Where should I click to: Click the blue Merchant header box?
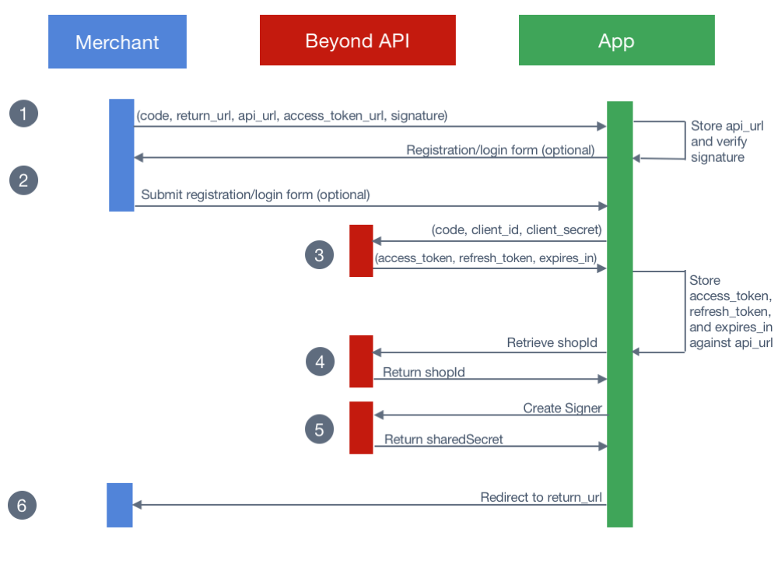click(x=117, y=42)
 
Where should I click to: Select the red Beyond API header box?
click(x=357, y=40)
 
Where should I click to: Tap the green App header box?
click(x=616, y=40)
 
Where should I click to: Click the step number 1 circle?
click(x=23, y=114)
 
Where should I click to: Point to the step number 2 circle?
click(x=23, y=180)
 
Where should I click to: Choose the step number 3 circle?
click(x=319, y=254)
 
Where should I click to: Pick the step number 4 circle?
click(x=319, y=362)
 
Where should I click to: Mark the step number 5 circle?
click(x=319, y=429)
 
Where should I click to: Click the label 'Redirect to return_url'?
click(x=541, y=497)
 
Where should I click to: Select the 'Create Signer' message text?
click(x=562, y=408)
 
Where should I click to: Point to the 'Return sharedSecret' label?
click(x=443, y=440)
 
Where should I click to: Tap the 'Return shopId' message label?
click(x=424, y=373)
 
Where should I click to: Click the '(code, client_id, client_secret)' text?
click(x=517, y=230)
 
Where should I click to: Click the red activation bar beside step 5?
click(x=361, y=427)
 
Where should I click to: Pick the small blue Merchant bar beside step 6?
click(x=120, y=505)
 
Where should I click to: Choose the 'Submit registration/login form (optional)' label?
click(x=255, y=194)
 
